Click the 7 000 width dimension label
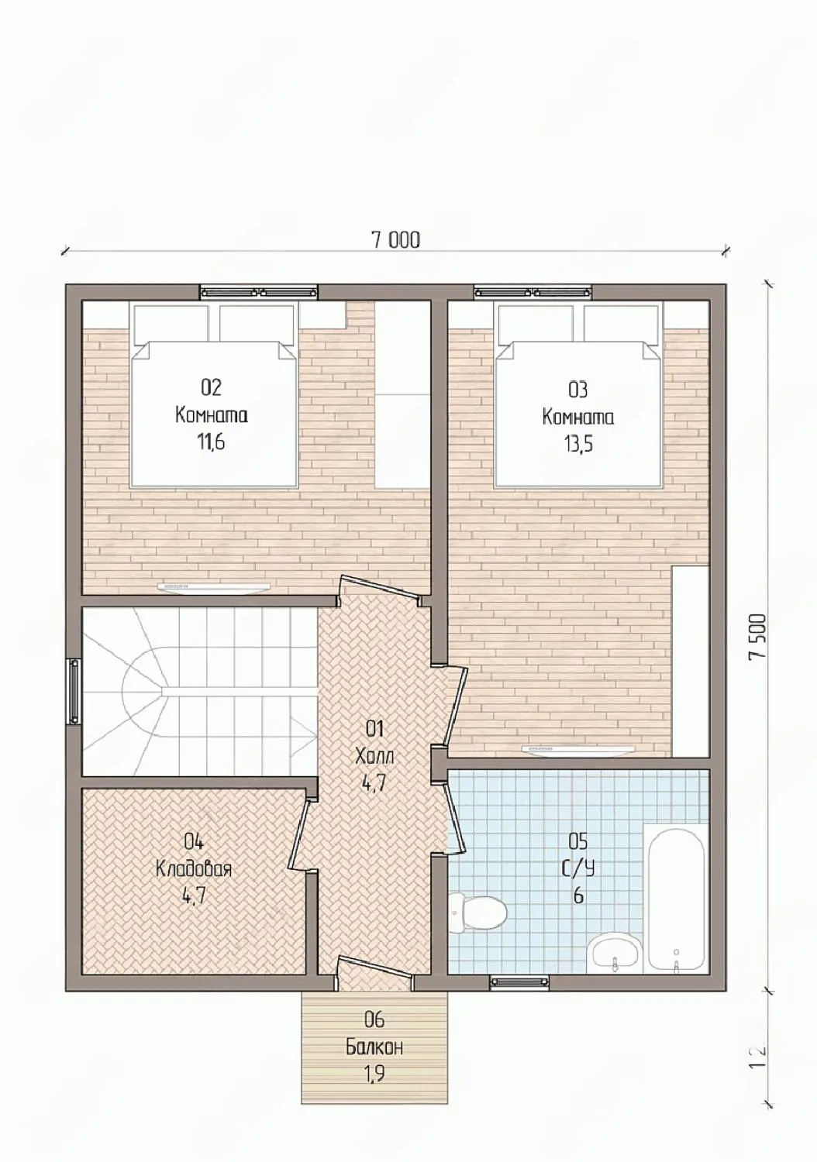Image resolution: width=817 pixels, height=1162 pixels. [395, 240]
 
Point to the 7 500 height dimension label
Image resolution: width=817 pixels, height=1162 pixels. [757, 636]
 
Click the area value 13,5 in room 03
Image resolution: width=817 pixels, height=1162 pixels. [577, 444]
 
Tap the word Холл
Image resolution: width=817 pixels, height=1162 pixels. [374, 756]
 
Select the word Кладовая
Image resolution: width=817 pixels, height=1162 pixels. [194, 869]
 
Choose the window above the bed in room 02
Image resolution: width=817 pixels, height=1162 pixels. [258, 292]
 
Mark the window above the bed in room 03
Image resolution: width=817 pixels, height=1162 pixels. [533, 292]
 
